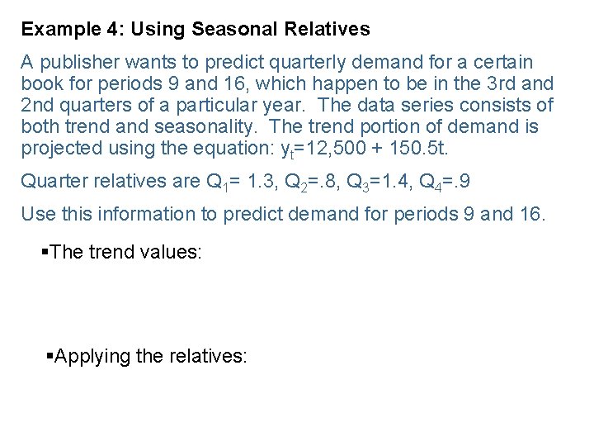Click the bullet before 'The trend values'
(x=45, y=252)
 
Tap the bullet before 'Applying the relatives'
(x=49, y=356)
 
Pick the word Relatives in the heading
(x=327, y=30)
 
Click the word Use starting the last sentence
(x=37, y=215)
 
